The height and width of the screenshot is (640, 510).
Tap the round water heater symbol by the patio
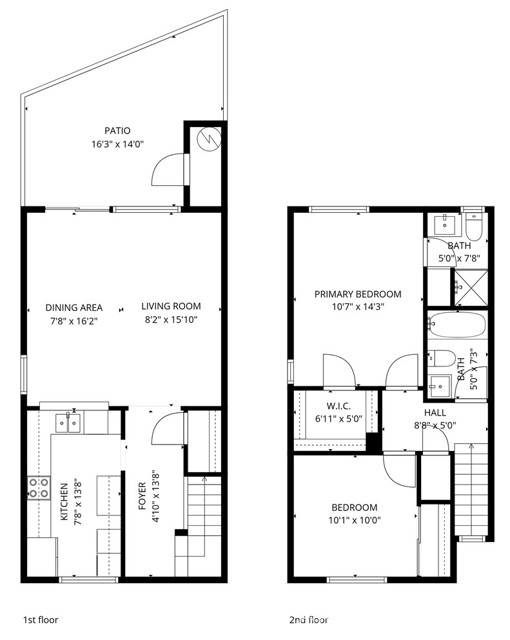tap(208, 140)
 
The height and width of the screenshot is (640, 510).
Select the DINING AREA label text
tap(74, 307)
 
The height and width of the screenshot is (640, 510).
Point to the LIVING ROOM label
tap(171, 307)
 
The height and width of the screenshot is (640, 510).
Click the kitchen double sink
tap(69, 423)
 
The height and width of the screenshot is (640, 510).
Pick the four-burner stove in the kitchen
tap(38, 488)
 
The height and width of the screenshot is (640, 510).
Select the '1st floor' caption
tap(41, 620)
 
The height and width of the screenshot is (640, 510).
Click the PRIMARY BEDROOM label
tap(357, 294)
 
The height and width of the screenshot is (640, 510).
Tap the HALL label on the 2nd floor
tap(436, 411)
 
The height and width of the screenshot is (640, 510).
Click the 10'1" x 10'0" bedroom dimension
tap(354, 521)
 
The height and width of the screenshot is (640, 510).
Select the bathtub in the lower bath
tap(456, 326)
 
